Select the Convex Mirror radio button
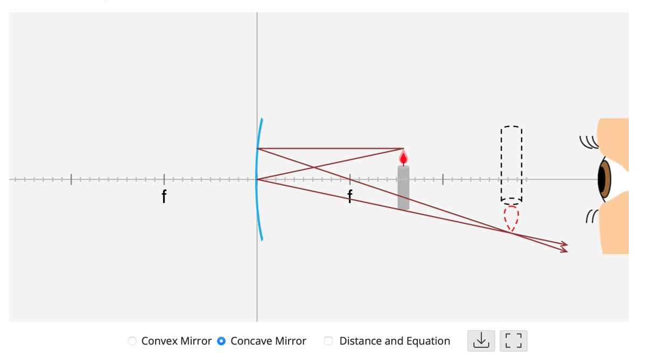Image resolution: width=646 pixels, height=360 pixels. pyautogui.click(x=132, y=341)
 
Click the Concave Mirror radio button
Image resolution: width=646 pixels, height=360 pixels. pyautogui.click(x=221, y=341)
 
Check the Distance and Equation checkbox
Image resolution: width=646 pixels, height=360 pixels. pyautogui.click(x=328, y=341)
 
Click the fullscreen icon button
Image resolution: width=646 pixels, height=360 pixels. pyautogui.click(x=514, y=341)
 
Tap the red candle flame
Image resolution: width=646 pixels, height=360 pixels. pyautogui.click(x=403, y=158)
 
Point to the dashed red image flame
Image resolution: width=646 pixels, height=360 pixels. pyautogui.click(x=511, y=218)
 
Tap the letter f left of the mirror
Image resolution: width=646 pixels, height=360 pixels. pyautogui.click(x=164, y=197)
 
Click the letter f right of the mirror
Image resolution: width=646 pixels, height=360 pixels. pyautogui.click(x=350, y=197)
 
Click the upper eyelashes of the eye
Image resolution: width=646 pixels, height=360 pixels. pyautogui.click(x=588, y=142)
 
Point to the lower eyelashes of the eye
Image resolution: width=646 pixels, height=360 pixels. pyautogui.click(x=591, y=216)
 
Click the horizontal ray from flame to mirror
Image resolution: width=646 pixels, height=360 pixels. pyautogui.click(x=328, y=148)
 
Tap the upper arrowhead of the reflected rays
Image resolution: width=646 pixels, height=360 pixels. pyautogui.click(x=564, y=244)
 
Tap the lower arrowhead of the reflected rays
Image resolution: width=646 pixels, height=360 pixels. pyautogui.click(x=564, y=251)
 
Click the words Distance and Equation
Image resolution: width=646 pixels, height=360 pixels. pyautogui.click(x=395, y=341)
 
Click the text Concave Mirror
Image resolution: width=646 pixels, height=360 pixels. pyautogui.click(x=268, y=341)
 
